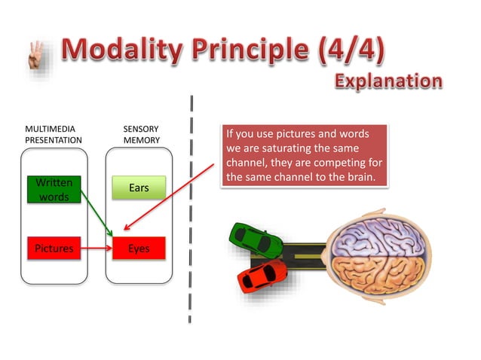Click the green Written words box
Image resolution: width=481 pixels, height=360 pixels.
[x=54, y=190]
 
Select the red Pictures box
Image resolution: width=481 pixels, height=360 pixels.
[x=54, y=248]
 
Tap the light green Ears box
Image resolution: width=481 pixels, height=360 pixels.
[x=139, y=188]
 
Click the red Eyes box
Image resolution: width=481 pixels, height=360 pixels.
[x=139, y=248]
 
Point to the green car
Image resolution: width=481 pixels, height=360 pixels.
[x=257, y=239]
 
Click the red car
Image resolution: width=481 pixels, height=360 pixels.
[x=262, y=276]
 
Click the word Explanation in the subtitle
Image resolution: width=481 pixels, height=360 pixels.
[x=388, y=81]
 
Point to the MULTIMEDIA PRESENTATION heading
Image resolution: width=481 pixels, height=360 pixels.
[x=54, y=134]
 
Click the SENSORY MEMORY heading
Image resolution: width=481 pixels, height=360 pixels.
[x=141, y=134]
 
